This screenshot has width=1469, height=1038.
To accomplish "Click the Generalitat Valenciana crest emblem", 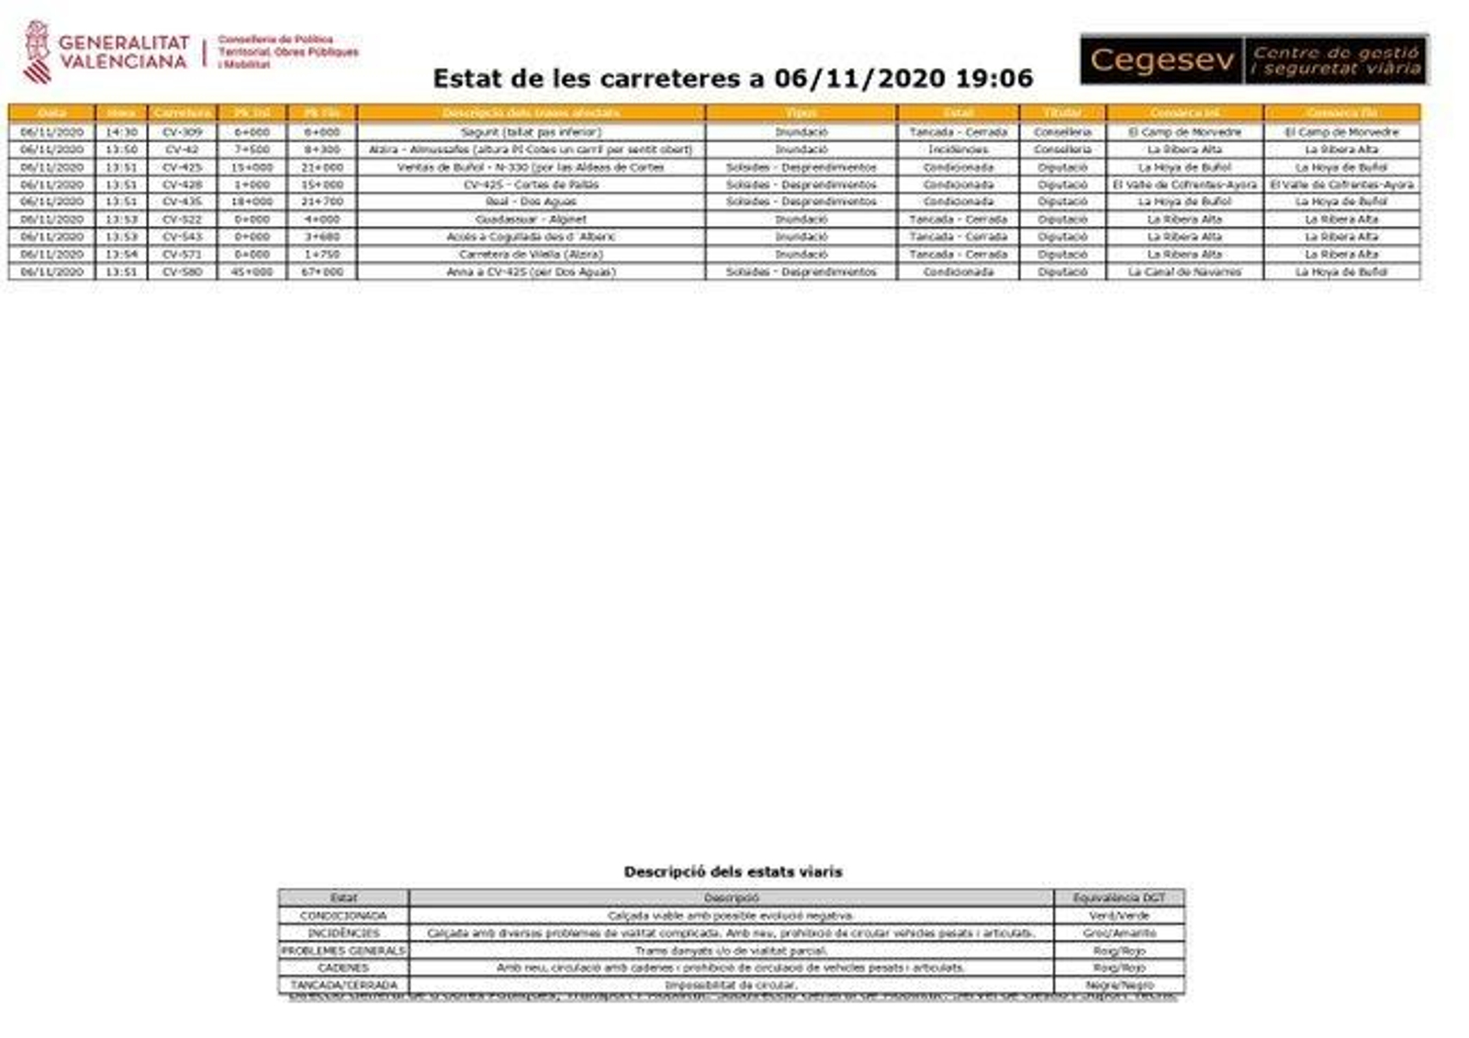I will click(x=37, y=52).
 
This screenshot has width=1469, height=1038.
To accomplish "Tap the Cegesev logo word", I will click(x=1161, y=60).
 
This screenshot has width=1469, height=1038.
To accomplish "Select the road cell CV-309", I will click(x=182, y=132).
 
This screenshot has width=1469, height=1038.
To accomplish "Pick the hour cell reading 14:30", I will click(x=121, y=132).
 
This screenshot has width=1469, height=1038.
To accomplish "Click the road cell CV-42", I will click(x=182, y=150).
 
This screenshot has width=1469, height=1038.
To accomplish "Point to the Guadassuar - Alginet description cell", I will click(x=531, y=219).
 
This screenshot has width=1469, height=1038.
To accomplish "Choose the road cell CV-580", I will click(x=182, y=272).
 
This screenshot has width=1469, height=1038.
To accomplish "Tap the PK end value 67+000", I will click(x=322, y=272).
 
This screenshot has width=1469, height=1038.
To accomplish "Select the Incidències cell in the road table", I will click(x=958, y=150).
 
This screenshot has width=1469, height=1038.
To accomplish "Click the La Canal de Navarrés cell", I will click(x=1184, y=272).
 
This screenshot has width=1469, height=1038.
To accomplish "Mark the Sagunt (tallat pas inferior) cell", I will click(x=531, y=132).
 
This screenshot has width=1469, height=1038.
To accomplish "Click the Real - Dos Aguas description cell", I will click(x=531, y=202).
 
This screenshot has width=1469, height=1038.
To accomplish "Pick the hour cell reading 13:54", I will click(x=121, y=254).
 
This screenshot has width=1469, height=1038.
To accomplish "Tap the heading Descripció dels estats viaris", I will click(x=733, y=872).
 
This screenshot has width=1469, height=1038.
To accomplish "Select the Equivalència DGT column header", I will click(x=1118, y=898).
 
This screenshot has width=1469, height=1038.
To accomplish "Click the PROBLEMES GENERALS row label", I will click(x=343, y=951).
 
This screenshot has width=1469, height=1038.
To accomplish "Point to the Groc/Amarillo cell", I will click(x=1118, y=933).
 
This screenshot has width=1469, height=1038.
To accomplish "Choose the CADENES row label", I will click(x=343, y=968).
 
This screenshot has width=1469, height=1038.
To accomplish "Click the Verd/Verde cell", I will click(x=1118, y=916).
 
